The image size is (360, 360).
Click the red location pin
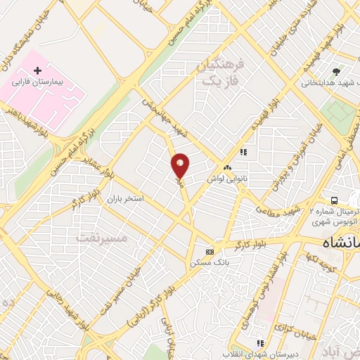point(181,165)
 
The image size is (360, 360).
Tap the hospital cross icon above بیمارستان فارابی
point(39,71)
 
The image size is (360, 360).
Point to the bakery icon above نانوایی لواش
point(227,169)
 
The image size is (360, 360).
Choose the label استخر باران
point(124,199)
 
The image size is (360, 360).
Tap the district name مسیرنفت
point(101,238)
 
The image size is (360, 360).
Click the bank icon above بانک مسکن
point(209,252)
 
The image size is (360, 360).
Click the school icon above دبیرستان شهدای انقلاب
point(260,343)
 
